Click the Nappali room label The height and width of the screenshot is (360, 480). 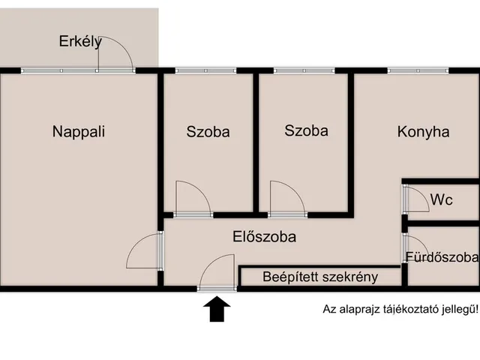click(x=79, y=132)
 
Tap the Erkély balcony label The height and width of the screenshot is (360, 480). click(x=80, y=42)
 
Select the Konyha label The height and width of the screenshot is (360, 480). click(x=423, y=132)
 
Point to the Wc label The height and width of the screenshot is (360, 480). click(x=441, y=200)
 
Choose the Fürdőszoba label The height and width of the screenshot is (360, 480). click(x=442, y=257)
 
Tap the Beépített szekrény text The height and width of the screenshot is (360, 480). click(x=320, y=277)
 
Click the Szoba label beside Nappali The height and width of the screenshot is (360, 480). click(x=208, y=132)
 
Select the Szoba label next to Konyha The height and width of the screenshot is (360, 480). click(x=306, y=130)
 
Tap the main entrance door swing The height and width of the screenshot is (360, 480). click(x=217, y=271)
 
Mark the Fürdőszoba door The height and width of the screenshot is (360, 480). click(x=415, y=247)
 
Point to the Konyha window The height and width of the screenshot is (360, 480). click(x=418, y=71)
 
